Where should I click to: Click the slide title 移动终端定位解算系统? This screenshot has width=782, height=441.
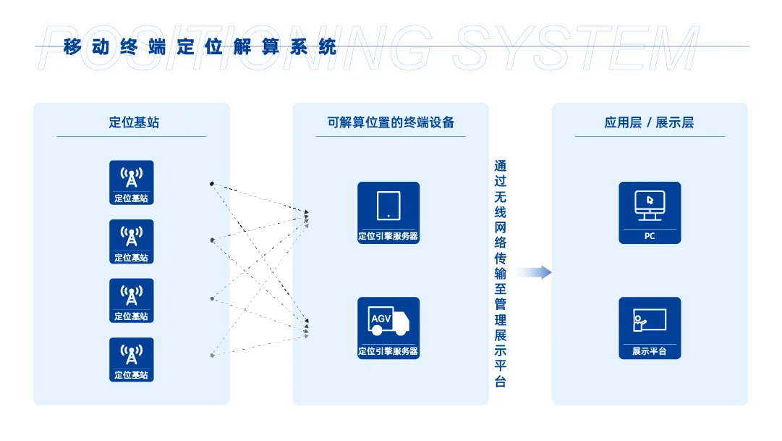pos(200,48)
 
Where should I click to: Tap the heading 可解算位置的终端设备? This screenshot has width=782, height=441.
pos(391,122)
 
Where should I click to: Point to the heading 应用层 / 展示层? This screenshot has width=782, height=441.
pos(649,122)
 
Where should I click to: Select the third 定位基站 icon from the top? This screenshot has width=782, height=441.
pos(132,295)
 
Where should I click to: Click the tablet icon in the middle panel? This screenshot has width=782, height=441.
pos(388,205)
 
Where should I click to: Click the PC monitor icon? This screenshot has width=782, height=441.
pos(649,205)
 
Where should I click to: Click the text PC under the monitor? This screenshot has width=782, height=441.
pos(650,236)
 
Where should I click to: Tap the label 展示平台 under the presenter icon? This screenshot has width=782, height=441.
pos(650,352)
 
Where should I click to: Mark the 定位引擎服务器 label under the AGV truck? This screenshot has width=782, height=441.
pos(388,352)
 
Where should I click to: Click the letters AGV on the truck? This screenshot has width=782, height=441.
pos(381,319)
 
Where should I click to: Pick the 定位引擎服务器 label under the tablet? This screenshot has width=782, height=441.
pos(388,236)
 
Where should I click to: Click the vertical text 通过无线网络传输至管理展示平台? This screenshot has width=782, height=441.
pos(500,274)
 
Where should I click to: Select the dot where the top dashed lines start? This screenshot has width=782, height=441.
pos(211,183)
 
